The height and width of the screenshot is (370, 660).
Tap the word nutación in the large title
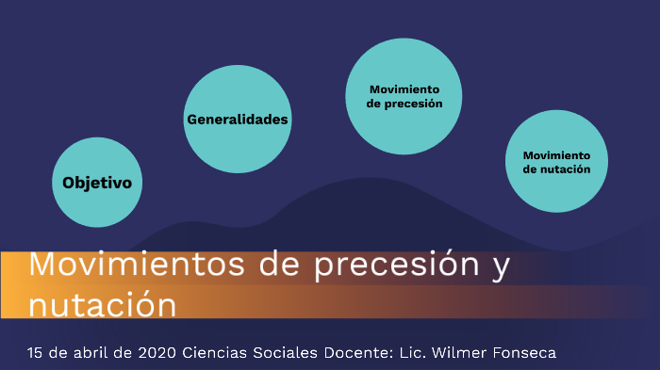click(102, 305)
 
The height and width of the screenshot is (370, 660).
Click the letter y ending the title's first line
click(501, 267)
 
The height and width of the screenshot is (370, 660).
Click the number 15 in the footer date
click(37, 353)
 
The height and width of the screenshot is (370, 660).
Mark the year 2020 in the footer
click(157, 353)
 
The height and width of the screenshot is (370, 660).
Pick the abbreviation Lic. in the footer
click(419, 353)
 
